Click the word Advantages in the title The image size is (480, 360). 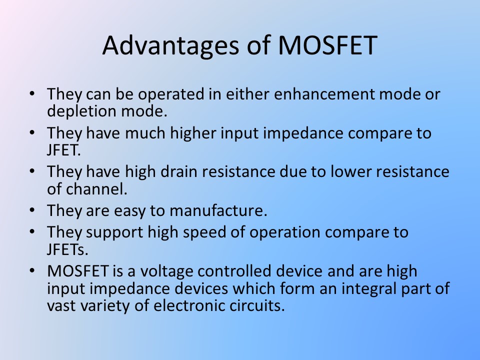pyautogui.click(x=170, y=45)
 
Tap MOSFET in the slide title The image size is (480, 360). pyautogui.click(x=327, y=45)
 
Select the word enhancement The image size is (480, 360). pyautogui.click(x=324, y=93)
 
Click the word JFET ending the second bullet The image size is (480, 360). pyautogui.click(x=63, y=150)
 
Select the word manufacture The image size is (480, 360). pyautogui.click(x=218, y=210)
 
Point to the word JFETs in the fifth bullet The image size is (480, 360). pyautogui.click(x=67, y=249)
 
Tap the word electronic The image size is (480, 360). pyautogui.click(x=189, y=306)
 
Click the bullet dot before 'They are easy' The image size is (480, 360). pyautogui.click(x=32, y=210)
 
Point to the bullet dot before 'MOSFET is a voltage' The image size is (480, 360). pyautogui.click(x=32, y=270)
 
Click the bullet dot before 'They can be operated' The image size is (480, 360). pyautogui.click(x=32, y=93)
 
